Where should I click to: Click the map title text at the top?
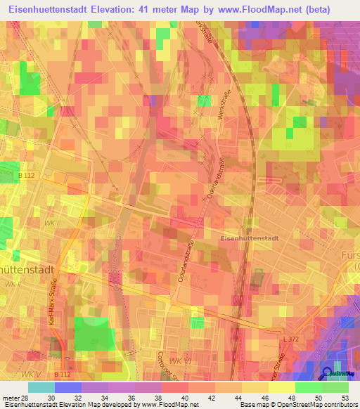pos(179,10)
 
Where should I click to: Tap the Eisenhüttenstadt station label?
pos(249,238)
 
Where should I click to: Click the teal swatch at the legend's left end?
pos(41,387)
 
